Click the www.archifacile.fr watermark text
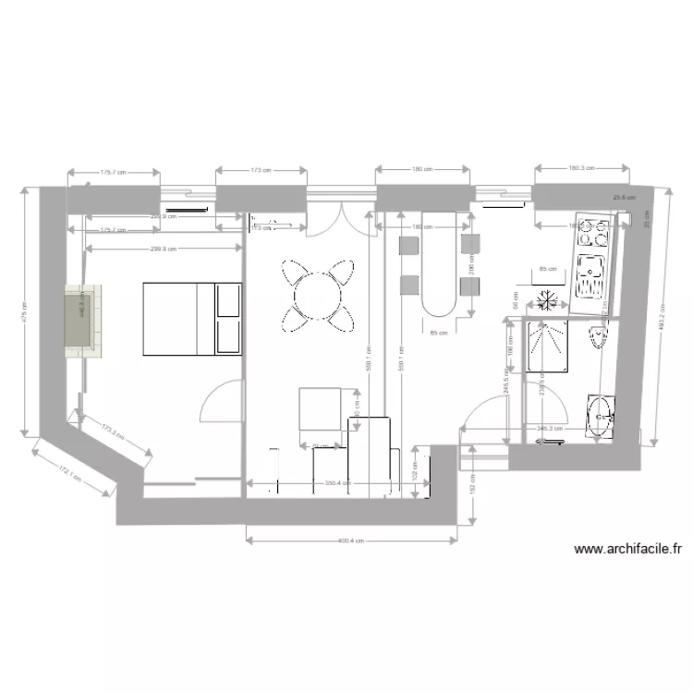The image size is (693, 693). [x=627, y=549]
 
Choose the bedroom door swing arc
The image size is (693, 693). [x=218, y=404]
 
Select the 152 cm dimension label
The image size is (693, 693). [x=472, y=478]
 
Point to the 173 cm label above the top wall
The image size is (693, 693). [x=261, y=170]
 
